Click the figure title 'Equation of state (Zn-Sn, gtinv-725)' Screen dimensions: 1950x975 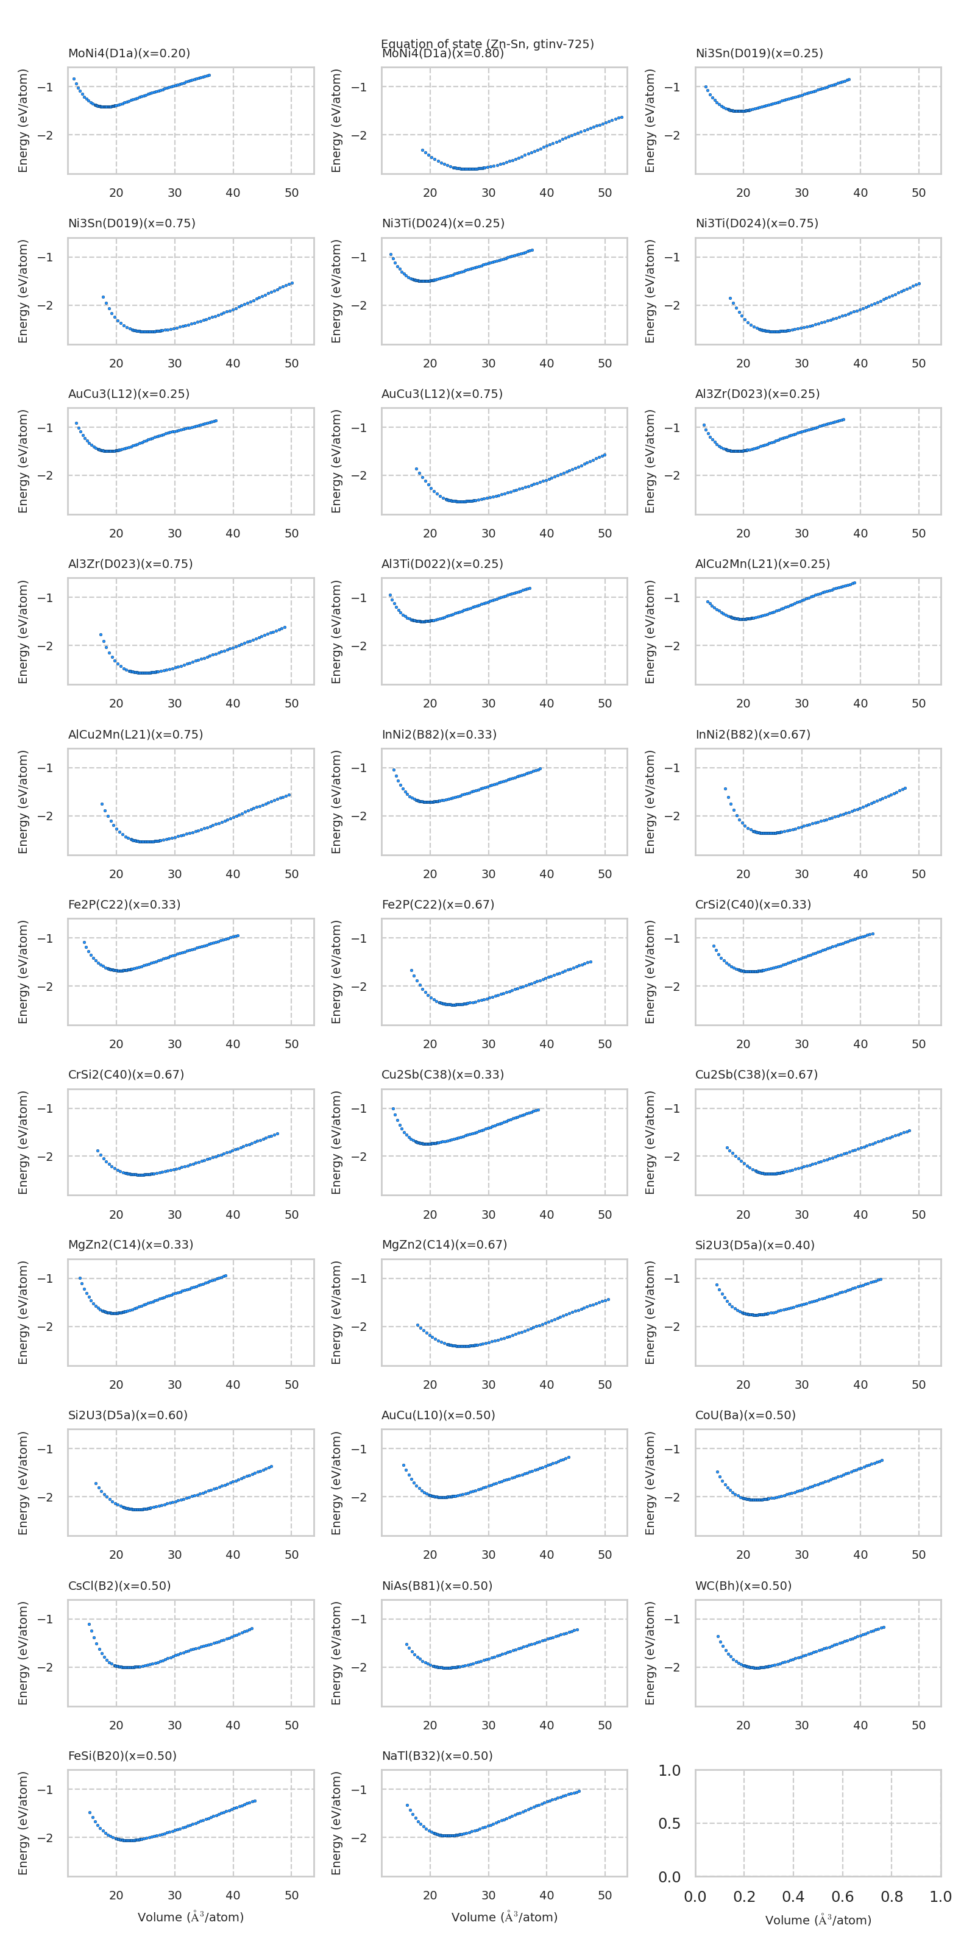click(487, 43)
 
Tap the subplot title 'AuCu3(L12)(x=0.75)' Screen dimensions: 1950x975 click(441, 394)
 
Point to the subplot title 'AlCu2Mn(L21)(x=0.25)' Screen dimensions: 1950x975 click(762, 564)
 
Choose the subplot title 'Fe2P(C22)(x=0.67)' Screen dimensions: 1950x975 click(438, 904)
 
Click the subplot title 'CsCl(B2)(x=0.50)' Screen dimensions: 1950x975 click(119, 1585)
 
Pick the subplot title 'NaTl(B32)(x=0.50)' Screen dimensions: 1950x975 click(437, 1756)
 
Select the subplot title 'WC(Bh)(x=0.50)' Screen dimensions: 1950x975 click(743, 1585)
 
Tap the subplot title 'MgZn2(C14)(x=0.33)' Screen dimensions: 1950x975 click(130, 1244)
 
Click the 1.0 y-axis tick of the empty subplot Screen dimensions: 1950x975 click(669, 1771)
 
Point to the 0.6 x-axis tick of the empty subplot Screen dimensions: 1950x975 click(843, 1896)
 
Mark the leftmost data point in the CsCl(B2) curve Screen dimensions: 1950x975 click(90, 1624)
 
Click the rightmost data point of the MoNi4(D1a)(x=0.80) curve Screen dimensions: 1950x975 click(622, 118)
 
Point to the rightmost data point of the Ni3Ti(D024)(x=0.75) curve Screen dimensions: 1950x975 click(919, 284)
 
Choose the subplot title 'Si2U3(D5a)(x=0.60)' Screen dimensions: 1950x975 click(127, 1415)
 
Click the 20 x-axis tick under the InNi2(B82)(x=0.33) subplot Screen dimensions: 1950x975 click(430, 874)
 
